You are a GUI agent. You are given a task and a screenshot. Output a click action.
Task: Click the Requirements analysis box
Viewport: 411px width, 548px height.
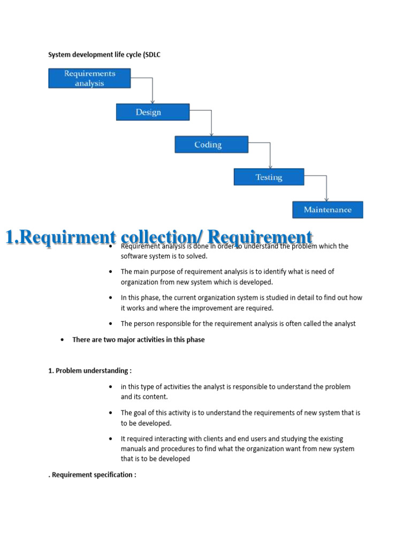tap(89, 78)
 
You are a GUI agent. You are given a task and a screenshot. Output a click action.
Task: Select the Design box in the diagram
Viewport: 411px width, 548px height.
tap(153, 112)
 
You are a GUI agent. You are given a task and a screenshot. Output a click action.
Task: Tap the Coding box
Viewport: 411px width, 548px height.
tap(211, 144)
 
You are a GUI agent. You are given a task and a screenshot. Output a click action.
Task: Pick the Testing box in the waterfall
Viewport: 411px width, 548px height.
tap(269, 177)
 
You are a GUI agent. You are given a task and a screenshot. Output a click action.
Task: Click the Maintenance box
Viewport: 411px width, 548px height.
tap(328, 210)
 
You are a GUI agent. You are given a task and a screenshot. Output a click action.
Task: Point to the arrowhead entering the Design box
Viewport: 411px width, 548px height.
tap(153, 102)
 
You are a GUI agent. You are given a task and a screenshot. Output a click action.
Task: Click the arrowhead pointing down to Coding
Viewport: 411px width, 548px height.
tap(211, 134)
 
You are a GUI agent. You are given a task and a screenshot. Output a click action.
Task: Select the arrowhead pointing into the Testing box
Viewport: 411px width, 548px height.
tap(270, 167)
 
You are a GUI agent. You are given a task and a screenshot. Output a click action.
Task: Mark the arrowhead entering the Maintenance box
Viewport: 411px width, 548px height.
tap(326, 200)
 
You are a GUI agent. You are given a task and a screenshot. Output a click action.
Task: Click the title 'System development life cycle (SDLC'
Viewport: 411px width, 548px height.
tap(104, 55)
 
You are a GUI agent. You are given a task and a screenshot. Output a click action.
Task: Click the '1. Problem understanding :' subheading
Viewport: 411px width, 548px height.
tap(90, 371)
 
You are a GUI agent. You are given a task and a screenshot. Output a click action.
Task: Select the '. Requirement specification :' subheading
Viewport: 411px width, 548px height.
tap(92, 475)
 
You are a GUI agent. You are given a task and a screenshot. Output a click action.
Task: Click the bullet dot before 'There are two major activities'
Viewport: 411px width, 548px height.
tap(63, 340)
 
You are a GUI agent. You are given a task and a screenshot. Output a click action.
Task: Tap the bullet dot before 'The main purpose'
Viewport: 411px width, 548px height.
tap(111, 272)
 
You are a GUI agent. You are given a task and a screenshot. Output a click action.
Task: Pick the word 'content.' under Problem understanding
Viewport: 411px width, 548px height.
tap(157, 397)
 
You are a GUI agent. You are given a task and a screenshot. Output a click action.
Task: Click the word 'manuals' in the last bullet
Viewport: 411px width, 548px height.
tap(134, 449)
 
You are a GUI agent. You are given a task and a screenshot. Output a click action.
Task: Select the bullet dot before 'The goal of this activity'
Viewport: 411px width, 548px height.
tap(111, 413)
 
